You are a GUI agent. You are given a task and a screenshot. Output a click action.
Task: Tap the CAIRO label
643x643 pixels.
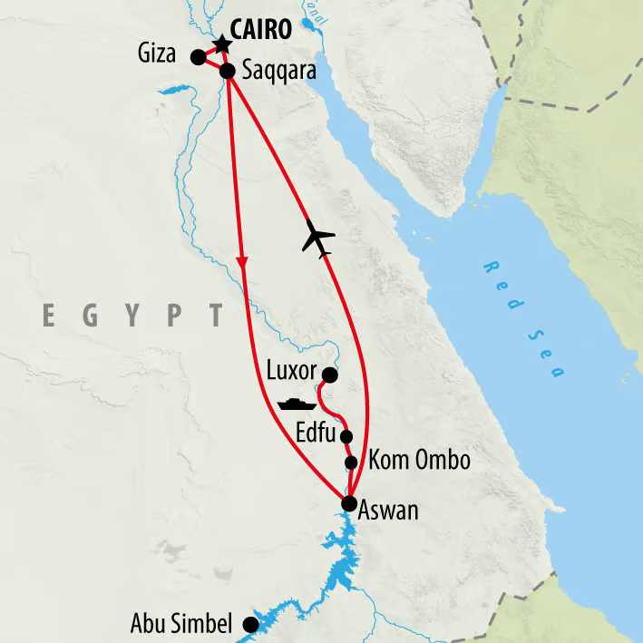tap(262, 30)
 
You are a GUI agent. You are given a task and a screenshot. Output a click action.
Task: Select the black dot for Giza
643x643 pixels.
tap(198, 57)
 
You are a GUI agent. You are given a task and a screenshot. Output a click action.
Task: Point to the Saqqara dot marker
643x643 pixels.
tap(228, 69)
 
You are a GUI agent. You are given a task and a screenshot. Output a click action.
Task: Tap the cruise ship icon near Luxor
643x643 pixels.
tap(297, 403)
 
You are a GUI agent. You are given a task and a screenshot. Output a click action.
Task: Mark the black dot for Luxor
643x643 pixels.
tap(330, 375)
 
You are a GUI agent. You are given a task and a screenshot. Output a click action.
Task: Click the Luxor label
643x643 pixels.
tap(291, 372)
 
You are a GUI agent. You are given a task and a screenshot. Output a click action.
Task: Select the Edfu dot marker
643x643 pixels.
tap(346, 436)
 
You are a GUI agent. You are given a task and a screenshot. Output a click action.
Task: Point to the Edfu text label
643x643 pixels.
tap(316, 430)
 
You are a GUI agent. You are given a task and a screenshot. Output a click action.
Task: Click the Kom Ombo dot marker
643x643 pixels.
tap(352, 463)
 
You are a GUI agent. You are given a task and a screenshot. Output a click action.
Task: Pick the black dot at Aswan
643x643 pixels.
tap(349, 503)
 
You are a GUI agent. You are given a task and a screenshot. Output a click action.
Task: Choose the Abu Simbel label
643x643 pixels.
tap(181, 624)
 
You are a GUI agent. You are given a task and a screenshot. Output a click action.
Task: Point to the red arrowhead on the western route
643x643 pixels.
tap(242, 261)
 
